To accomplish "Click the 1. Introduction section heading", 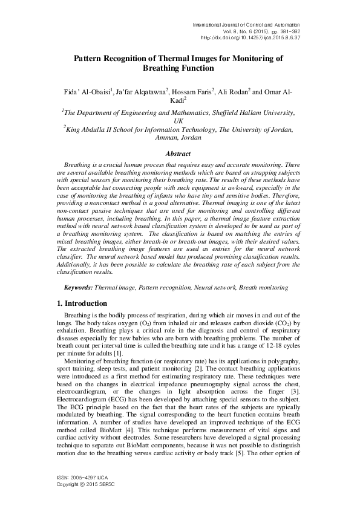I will pyautogui.click(x=82, y=303).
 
